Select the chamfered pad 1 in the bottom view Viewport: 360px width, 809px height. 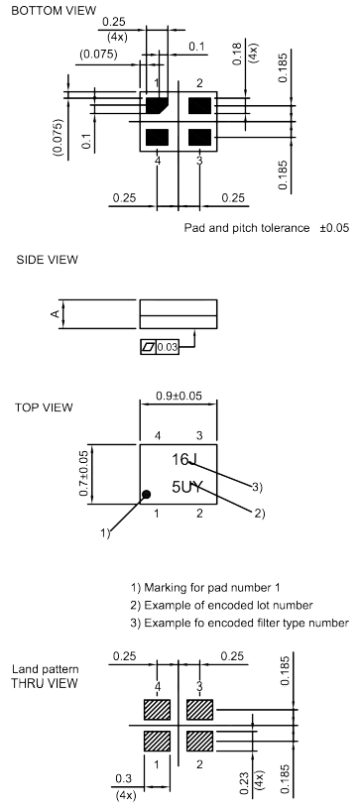[x=158, y=105]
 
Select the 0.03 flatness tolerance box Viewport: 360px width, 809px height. [x=168, y=347]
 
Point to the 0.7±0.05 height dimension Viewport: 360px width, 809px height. [x=86, y=473]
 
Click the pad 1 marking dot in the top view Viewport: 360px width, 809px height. [x=146, y=494]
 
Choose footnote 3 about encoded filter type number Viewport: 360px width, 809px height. [x=239, y=622]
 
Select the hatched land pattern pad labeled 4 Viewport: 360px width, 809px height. [x=158, y=710]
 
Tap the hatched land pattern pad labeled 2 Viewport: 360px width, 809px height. [x=200, y=741]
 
